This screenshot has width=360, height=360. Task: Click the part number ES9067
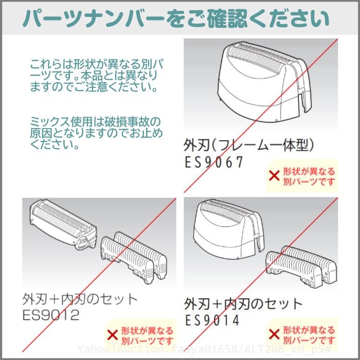coord(214,162)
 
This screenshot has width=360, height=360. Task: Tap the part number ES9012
coord(51,315)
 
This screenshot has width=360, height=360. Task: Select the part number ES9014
coord(212,320)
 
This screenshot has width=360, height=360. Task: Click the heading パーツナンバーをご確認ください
coord(176,18)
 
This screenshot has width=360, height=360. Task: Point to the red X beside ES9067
coord(274,176)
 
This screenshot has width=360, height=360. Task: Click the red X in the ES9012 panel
coord(113,335)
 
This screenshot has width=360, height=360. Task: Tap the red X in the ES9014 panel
coord(274,334)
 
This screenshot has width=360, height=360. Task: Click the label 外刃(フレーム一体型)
coord(248,146)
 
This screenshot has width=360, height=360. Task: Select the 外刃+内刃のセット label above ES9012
coord(80,299)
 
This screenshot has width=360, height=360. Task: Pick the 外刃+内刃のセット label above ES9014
coord(243,304)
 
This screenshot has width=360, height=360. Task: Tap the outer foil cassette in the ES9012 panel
coord(63,224)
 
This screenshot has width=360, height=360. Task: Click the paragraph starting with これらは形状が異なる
coord(97,76)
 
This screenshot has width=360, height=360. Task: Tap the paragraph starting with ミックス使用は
coord(97,133)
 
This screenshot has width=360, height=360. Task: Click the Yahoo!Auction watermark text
coord(204,349)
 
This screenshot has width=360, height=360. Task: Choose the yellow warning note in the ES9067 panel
coord(302,176)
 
